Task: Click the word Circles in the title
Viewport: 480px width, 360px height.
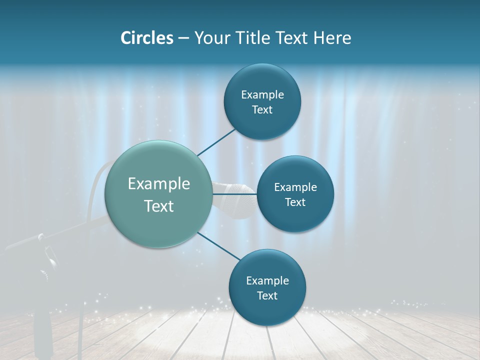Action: click(146, 38)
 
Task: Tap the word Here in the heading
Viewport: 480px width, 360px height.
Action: click(332, 38)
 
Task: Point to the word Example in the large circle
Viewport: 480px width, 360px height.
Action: click(159, 184)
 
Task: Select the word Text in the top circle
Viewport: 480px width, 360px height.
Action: click(262, 110)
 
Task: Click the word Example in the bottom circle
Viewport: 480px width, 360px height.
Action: click(267, 280)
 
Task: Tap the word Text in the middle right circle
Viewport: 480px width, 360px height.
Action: click(295, 202)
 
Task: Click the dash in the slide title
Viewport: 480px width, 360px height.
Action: click(183, 38)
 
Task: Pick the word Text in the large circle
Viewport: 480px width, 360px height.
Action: click(159, 206)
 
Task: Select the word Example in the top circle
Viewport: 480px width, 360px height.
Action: click(262, 94)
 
